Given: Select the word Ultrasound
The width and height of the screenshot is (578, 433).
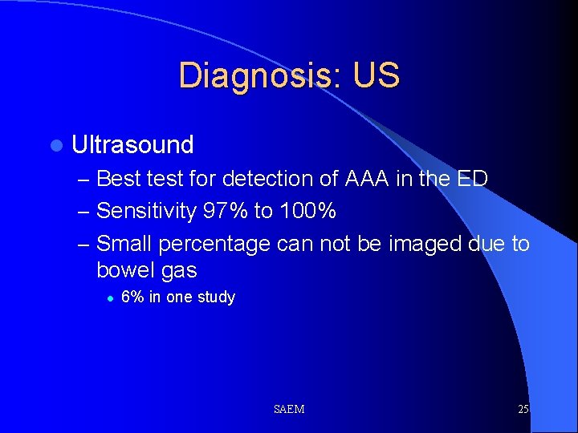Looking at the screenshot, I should coord(132,145).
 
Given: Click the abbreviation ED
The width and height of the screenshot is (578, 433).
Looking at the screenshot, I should coord(471,178).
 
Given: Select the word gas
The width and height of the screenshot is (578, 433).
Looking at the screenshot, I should coord(178,271).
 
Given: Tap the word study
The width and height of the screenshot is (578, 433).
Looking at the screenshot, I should coord(216,297).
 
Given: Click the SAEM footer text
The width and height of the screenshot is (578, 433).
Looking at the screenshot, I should coord(288,409).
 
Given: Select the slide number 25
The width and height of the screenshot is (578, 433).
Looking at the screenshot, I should coord(523,409).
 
